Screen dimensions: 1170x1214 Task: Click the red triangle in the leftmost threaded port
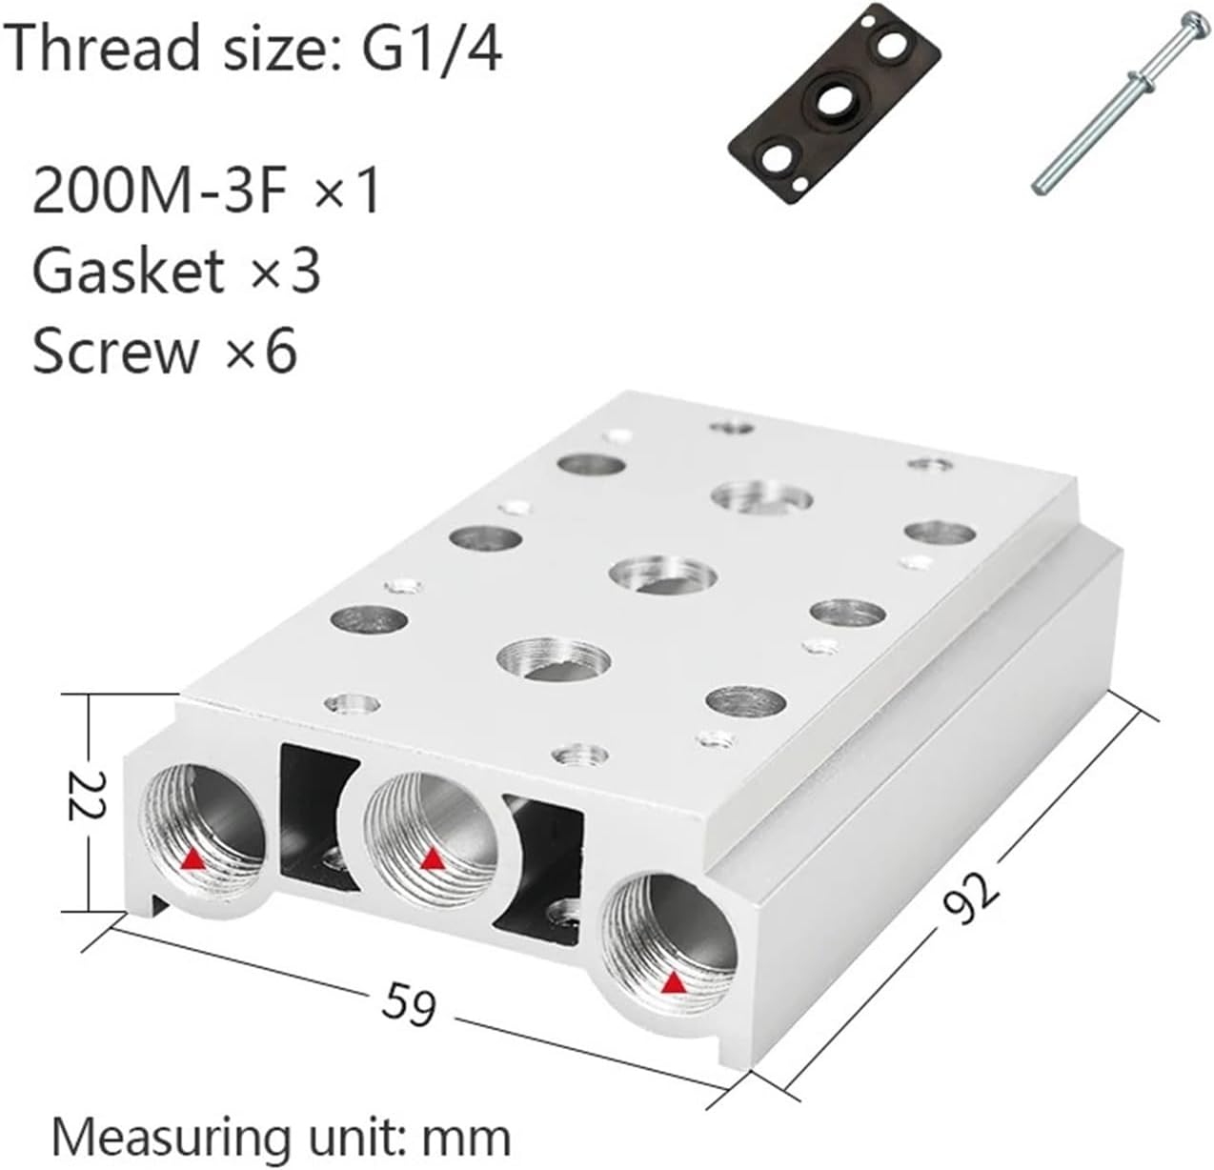(x=192, y=860)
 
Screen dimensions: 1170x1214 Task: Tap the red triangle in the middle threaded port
(x=433, y=859)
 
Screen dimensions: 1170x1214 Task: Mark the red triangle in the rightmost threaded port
(x=675, y=981)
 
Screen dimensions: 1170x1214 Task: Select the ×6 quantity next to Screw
(x=260, y=351)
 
